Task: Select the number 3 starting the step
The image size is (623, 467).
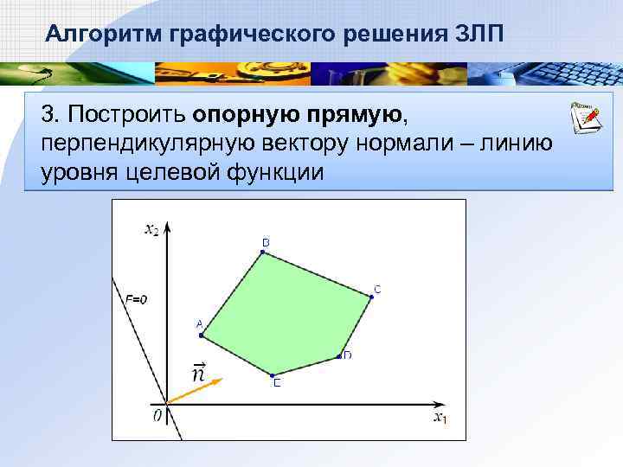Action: pos(49,115)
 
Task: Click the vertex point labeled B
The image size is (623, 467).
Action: pos(262,253)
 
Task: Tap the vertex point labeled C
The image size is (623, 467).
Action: pos(371,297)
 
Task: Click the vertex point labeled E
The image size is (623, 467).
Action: pos(273,374)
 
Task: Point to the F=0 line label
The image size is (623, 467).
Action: pos(137,299)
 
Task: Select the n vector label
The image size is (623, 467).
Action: pos(198,373)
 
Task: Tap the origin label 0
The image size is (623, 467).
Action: pos(157,417)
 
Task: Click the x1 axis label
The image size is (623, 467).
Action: pos(440,419)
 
